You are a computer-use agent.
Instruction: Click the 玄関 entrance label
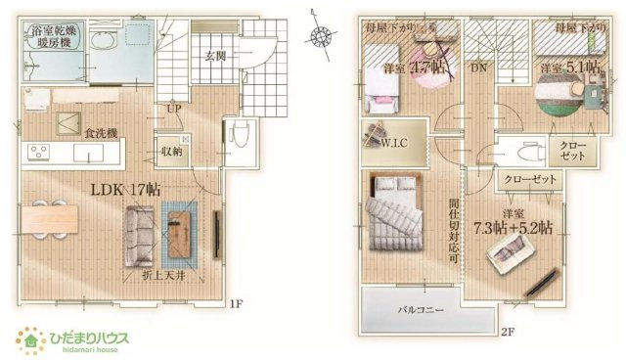[215, 57]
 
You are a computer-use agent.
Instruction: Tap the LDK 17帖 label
[126, 190]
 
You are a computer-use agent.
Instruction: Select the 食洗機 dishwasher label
[100, 132]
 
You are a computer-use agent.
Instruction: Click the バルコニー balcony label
[422, 310]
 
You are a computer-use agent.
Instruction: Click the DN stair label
[478, 67]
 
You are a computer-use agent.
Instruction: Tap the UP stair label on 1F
[172, 110]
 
